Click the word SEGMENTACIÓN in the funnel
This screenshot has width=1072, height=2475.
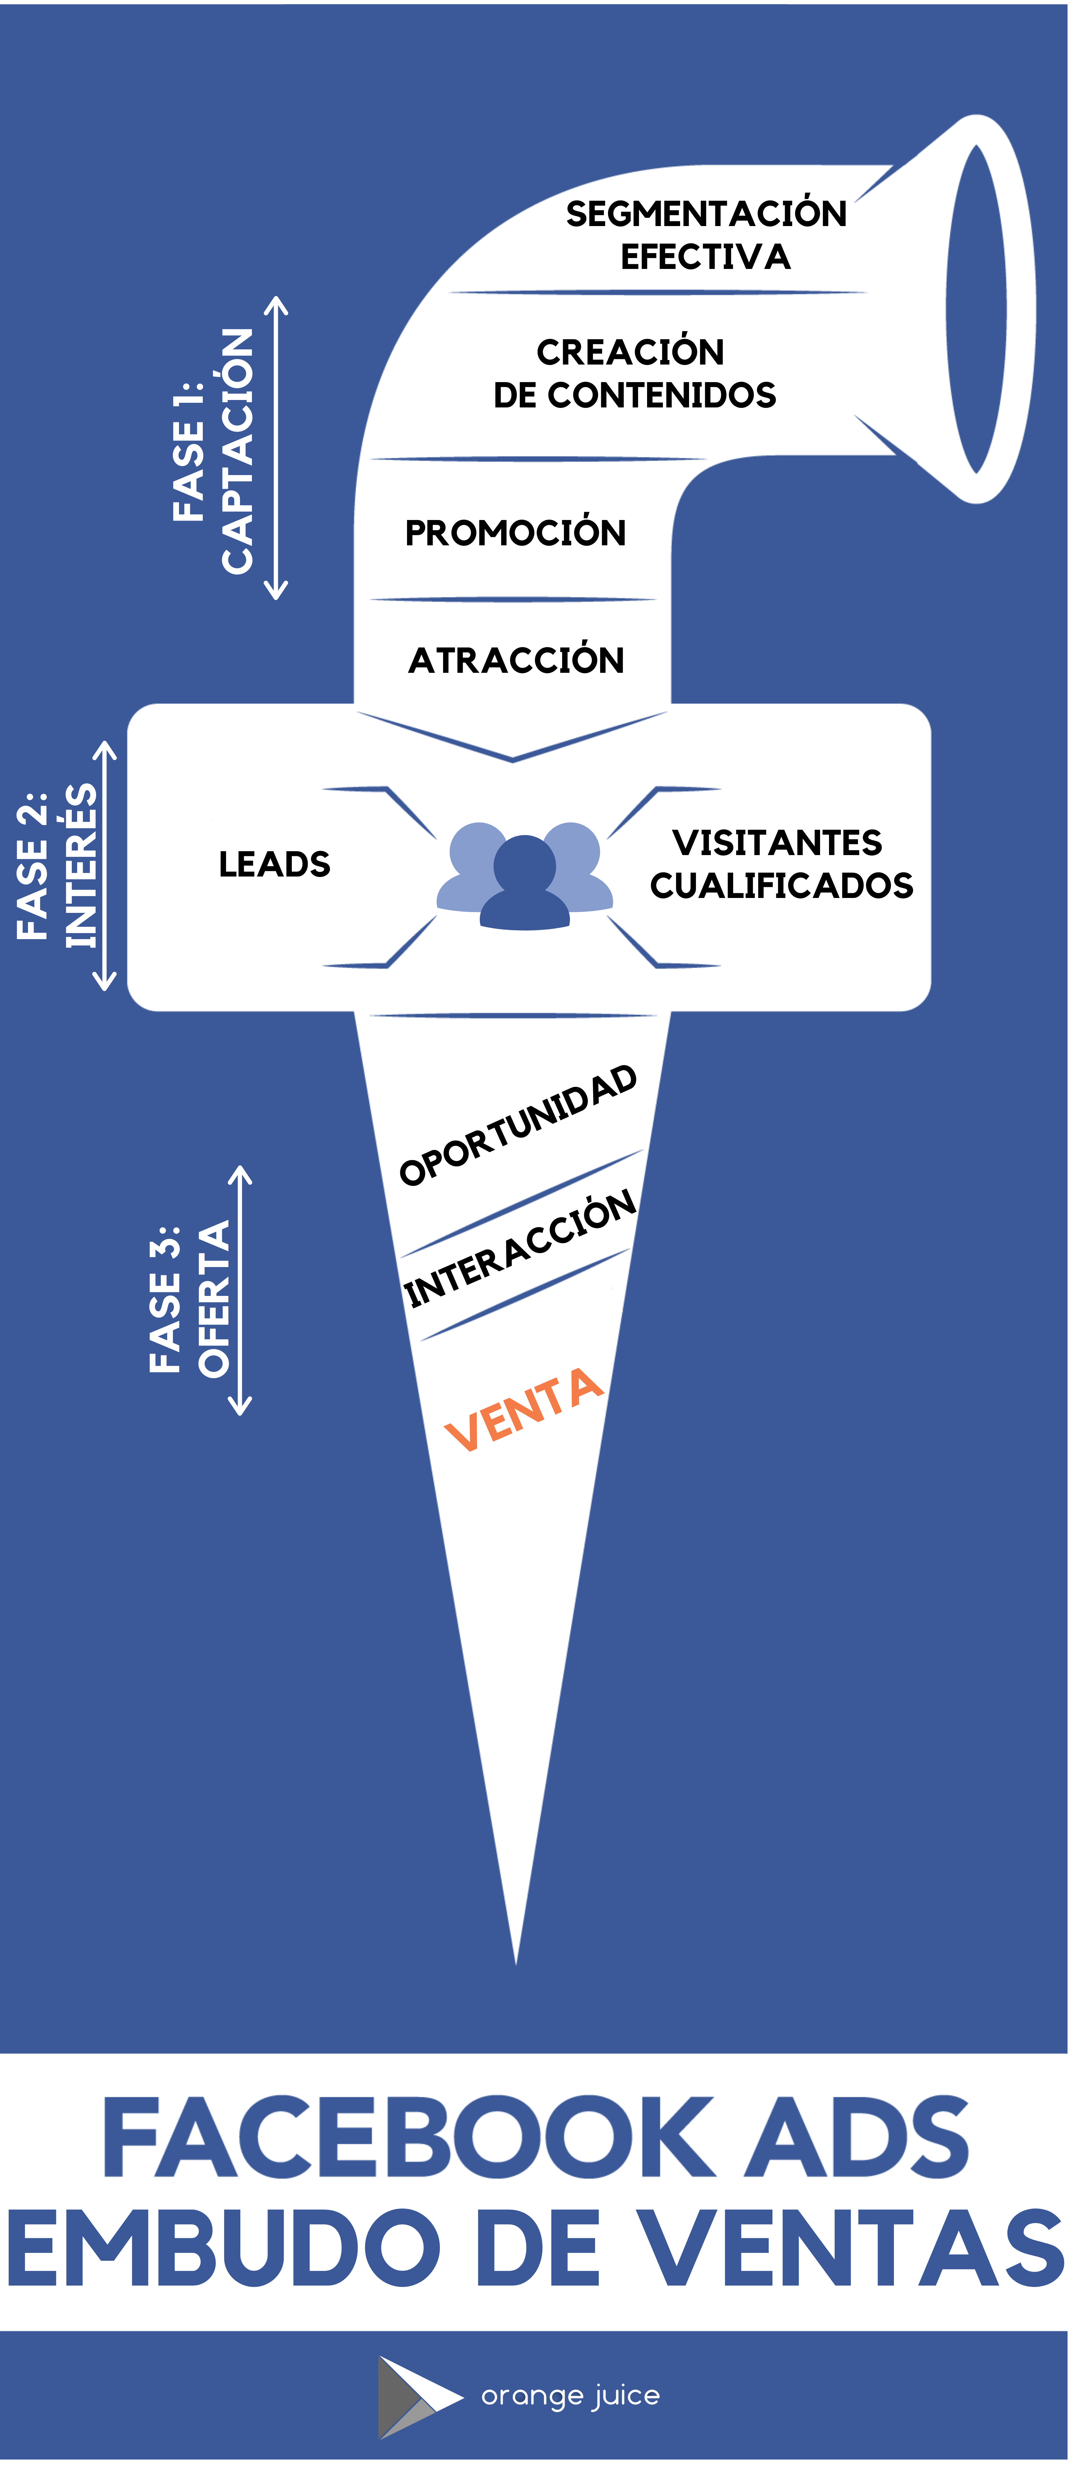tap(706, 213)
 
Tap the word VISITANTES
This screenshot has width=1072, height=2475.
tap(777, 843)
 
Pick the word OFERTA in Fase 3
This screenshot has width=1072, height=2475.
tap(214, 1299)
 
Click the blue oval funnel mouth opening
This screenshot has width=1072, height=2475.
tap(976, 309)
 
